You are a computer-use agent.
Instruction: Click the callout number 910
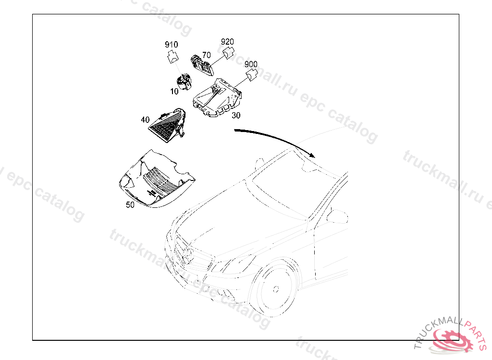[172, 45]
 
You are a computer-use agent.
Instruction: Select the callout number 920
[227, 42]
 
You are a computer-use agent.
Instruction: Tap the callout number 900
[251, 64]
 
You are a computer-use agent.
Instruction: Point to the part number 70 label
[207, 55]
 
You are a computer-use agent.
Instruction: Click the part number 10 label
[174, 91]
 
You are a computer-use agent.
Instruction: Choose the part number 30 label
[236, 115]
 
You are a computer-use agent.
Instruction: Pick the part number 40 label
[145, 120]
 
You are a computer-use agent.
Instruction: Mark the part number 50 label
[130, 205]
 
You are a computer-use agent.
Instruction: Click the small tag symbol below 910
[172, 57]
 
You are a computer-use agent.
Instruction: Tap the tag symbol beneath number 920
[228, 52]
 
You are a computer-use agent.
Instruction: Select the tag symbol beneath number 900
[252, 75]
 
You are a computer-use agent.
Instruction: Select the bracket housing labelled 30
[217, 97]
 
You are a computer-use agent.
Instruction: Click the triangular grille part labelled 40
[168, 125]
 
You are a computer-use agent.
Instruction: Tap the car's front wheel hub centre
[276, 289]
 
